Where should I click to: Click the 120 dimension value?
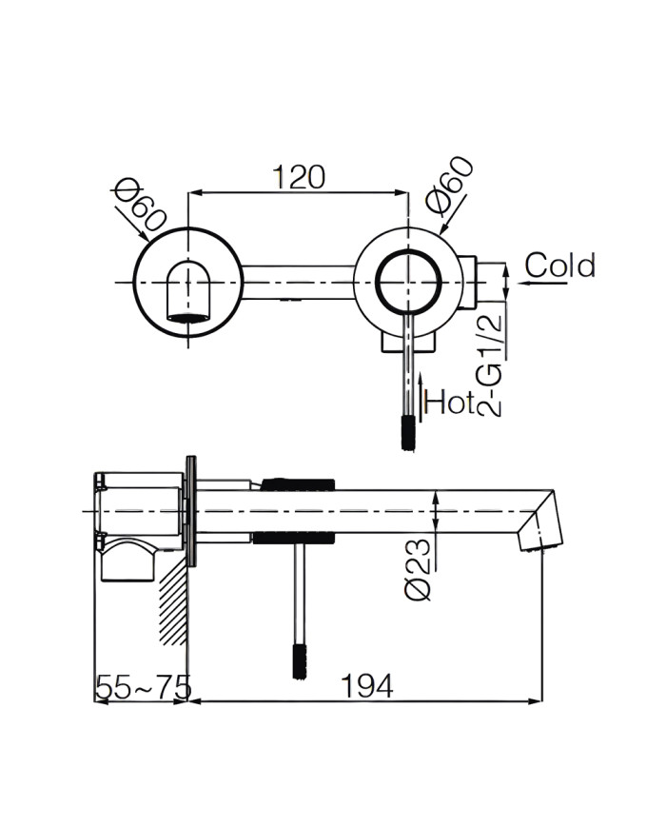click(299, 177)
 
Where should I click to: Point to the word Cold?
click(560, 266)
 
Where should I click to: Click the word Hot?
click(449, 404)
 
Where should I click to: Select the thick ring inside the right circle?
click(408, 283)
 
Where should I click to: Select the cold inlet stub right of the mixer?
click(488, 283)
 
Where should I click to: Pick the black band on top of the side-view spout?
click(296, 483)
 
